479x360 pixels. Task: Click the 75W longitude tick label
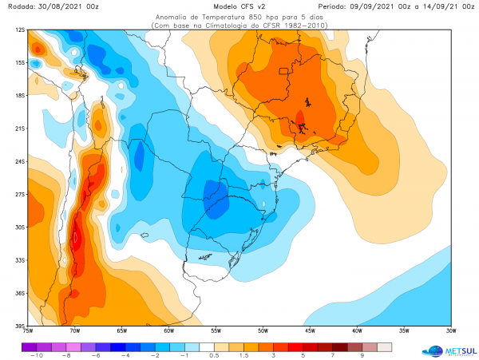click(x=29, y=330)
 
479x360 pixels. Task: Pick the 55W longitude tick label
click(x=216, y=330)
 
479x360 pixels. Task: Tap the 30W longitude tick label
click(x=450, y=330)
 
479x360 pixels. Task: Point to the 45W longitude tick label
click(x=310, y=330)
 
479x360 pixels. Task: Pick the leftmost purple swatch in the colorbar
click(x=29, y=346)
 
